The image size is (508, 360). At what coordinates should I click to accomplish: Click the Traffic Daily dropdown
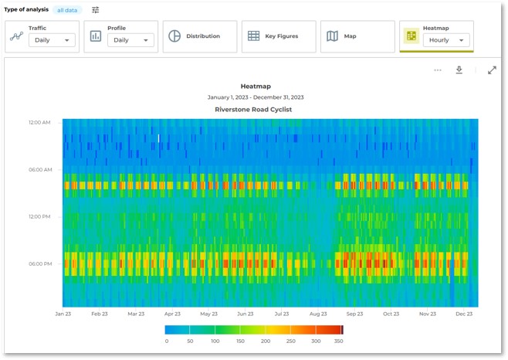click(x=52, y=40)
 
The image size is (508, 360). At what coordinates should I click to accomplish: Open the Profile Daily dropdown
click(x=130, y=40)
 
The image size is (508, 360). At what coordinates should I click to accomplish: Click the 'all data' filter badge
click(x=68, y=10)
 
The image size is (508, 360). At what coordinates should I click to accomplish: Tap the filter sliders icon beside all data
click(x=96, y=10)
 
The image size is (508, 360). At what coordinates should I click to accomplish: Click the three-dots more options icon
click(x=438, y=70)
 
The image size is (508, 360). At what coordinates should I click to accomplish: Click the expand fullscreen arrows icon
click(x=492, y=70)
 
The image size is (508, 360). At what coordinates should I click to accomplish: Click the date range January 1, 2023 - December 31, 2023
click(x=256, y=97)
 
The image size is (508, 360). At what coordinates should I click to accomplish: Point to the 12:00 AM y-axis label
click(x=39, y=122)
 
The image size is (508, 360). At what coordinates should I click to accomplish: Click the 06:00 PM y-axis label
click(x=39, y=263)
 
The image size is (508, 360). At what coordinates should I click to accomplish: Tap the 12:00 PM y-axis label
click(x=39, y=216)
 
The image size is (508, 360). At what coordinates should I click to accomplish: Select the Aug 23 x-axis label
click(x=318, y=314)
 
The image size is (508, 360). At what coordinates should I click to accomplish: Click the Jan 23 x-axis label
click(x=63, y=314)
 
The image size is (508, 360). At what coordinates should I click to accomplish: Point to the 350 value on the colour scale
click(x=337, y=341)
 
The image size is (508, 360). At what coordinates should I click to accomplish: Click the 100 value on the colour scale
click(x=215, y=341)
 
